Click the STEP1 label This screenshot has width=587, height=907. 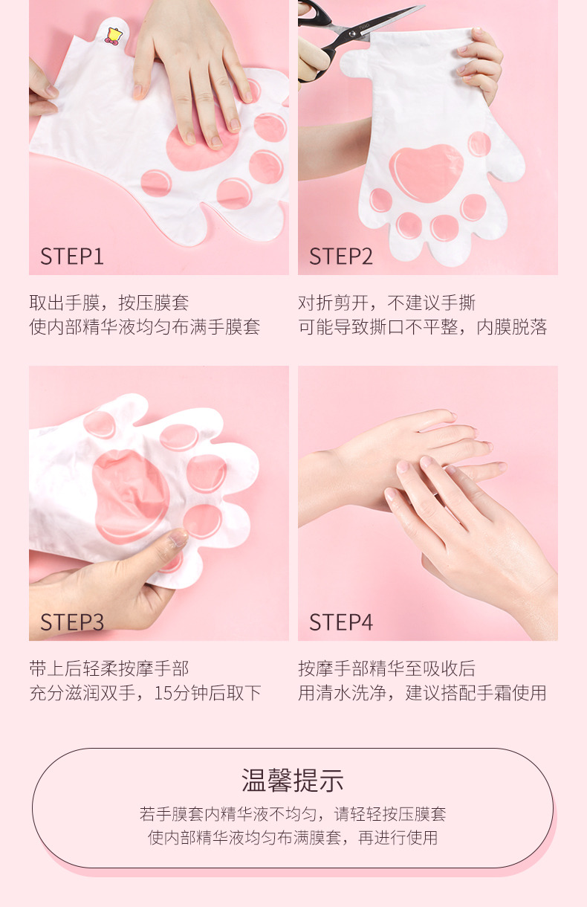coord(72,256)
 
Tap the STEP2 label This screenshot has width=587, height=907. coord(341,256)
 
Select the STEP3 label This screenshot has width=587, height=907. coord(72,622)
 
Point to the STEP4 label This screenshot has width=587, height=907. coord(341,622)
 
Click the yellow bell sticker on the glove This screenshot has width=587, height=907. coord(114,36)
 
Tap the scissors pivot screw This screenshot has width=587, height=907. coord(353,33)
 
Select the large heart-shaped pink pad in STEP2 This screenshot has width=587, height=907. coord(427,172)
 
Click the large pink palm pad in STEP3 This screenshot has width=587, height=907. coord(130,496)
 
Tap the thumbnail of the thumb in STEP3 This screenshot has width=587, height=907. coord(178,537)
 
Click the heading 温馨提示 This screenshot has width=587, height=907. coord(293,780)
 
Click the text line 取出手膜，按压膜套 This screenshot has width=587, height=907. coord(109,303)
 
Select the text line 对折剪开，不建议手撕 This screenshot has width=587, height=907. coord(386,303)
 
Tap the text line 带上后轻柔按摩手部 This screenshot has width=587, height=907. coord(109,668)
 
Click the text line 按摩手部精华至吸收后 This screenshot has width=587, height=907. coord(386,668)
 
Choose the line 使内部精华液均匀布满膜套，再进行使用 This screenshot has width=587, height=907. coord(293,838)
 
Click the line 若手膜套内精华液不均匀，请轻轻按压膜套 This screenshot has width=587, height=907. coord(293,813)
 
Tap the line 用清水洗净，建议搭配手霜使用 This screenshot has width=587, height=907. coord(422,693)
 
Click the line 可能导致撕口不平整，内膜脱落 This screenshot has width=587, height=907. coord(423,327)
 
